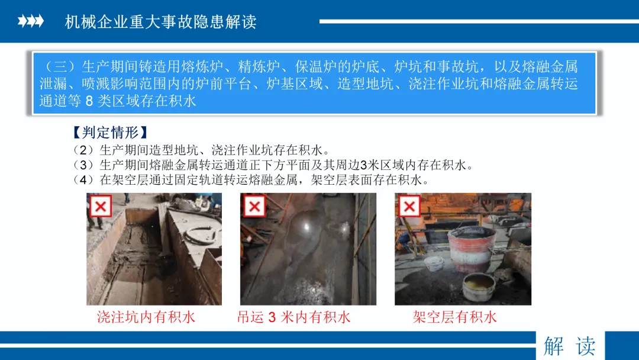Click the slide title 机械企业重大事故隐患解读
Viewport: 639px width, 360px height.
point(160,21)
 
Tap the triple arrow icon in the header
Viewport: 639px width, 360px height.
point(31,21)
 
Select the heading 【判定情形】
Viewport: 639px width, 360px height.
point(110,132)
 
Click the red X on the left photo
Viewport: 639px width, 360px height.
point(101,206)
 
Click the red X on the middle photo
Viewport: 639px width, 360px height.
point(254,206)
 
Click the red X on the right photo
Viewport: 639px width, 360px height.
point(409,206)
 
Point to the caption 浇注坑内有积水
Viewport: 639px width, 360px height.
point(146,317)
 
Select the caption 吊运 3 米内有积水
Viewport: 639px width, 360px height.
point(294,317)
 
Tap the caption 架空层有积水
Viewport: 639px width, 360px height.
point(455,317)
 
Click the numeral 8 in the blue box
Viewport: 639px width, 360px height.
point(89,101)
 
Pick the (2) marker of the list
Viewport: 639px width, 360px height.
point(83,150)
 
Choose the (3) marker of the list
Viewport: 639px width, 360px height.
point(83,165)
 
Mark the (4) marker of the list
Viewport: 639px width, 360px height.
point(83,180)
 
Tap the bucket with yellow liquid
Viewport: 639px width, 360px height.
point(479,286)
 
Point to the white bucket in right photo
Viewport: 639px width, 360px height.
point(434,263)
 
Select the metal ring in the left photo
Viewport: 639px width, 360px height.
point(200,235)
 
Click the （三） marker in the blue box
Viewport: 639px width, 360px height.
point(60,66)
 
